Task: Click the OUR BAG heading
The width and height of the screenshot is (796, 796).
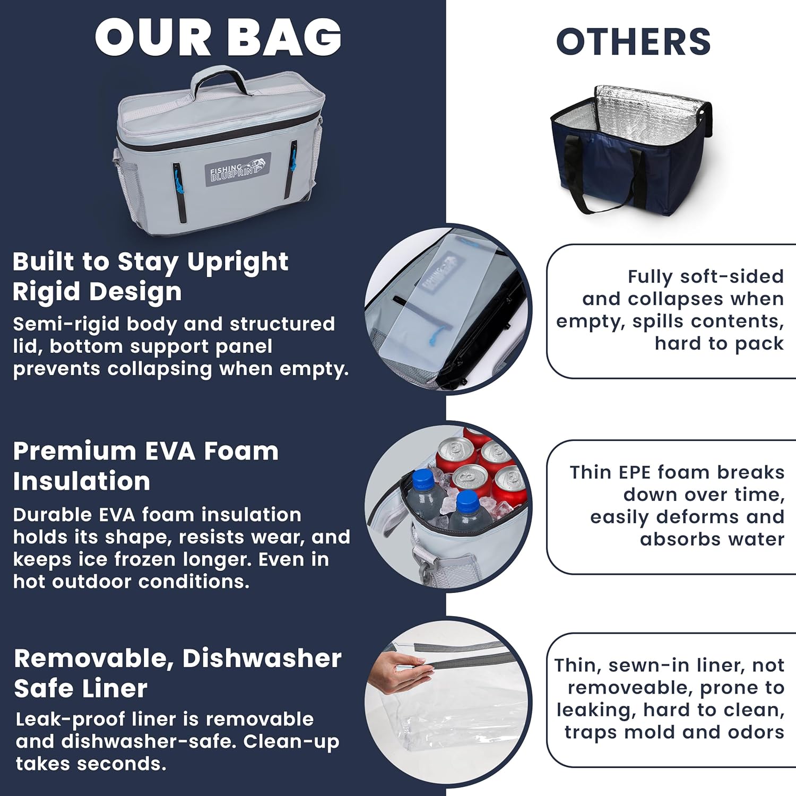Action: (218, 37)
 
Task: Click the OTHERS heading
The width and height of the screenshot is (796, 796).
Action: (633, 42)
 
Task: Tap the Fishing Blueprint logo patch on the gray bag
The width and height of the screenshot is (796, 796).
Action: (238, 170)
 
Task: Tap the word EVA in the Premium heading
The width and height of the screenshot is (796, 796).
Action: (171, 451)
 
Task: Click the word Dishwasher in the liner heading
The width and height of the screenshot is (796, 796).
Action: (262, 658)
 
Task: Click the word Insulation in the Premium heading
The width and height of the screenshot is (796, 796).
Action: (82, 481)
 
